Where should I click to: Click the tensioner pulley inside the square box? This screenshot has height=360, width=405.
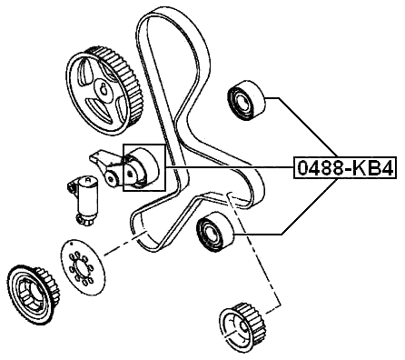click(x=141, y=169)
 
